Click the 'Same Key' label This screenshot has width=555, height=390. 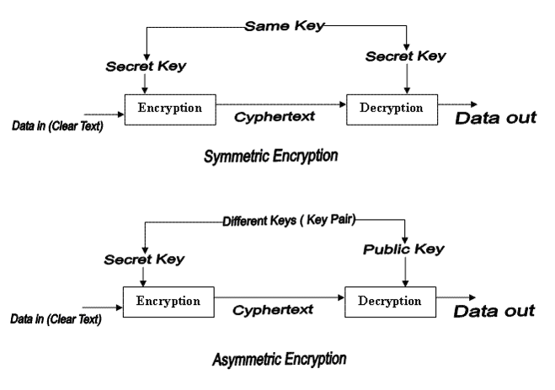tap(284, 26)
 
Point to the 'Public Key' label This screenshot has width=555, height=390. tap(403, 249)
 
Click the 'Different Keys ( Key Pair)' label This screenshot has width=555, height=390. tap(289, 221)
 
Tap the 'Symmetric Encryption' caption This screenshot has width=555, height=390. tap(271, 156)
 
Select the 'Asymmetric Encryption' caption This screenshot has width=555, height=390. tap(280, 360)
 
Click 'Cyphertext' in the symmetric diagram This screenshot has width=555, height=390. tap(275, 117)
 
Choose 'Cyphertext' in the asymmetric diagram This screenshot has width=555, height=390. tap(273, 310)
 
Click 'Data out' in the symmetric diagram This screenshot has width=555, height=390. tap(495, 118)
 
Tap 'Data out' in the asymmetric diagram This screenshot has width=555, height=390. tap(494, 311)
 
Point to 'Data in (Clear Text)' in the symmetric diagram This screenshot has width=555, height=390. tap(57, 126)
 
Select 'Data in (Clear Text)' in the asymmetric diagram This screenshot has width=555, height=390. tap(56, 319)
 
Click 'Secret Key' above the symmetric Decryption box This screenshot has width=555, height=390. tap(406, 56)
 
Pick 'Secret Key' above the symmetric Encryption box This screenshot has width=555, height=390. tap(146, 67)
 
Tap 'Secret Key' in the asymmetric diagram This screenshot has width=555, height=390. tap(144, 259)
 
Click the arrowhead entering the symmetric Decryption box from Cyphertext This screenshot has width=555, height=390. tap(343, 104)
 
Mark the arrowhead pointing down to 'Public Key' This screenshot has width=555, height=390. tap(405, 240)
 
